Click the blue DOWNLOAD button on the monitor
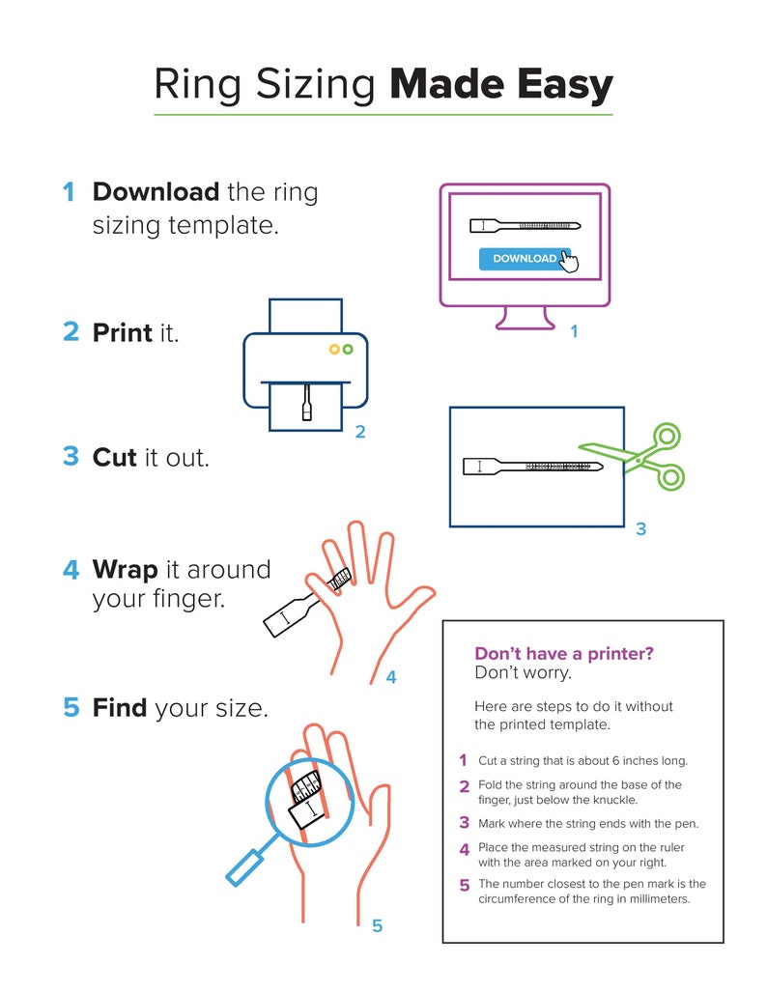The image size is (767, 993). coord(522,259)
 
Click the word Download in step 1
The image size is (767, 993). coord(156,192)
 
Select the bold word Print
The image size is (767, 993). coord(122,333)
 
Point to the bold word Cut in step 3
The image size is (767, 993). coord(114,457)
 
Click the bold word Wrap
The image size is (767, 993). coord(124,570)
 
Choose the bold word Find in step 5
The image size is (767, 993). coord(120,708)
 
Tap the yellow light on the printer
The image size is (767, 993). coord(334,349)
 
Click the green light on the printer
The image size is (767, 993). coord(348,349)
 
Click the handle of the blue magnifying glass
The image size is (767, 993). coord(247,865)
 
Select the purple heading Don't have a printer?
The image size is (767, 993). coord(564,654)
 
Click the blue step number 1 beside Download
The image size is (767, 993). coord(69,192)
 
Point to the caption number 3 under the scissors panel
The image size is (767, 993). coord(640,529)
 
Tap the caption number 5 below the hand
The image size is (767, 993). coord(377,926)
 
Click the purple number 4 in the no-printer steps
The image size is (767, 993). coord(465,850)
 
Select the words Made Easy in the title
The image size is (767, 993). coord(500,85)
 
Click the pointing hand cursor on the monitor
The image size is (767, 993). coord(568,262)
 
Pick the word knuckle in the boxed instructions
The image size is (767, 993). coord(614,800)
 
